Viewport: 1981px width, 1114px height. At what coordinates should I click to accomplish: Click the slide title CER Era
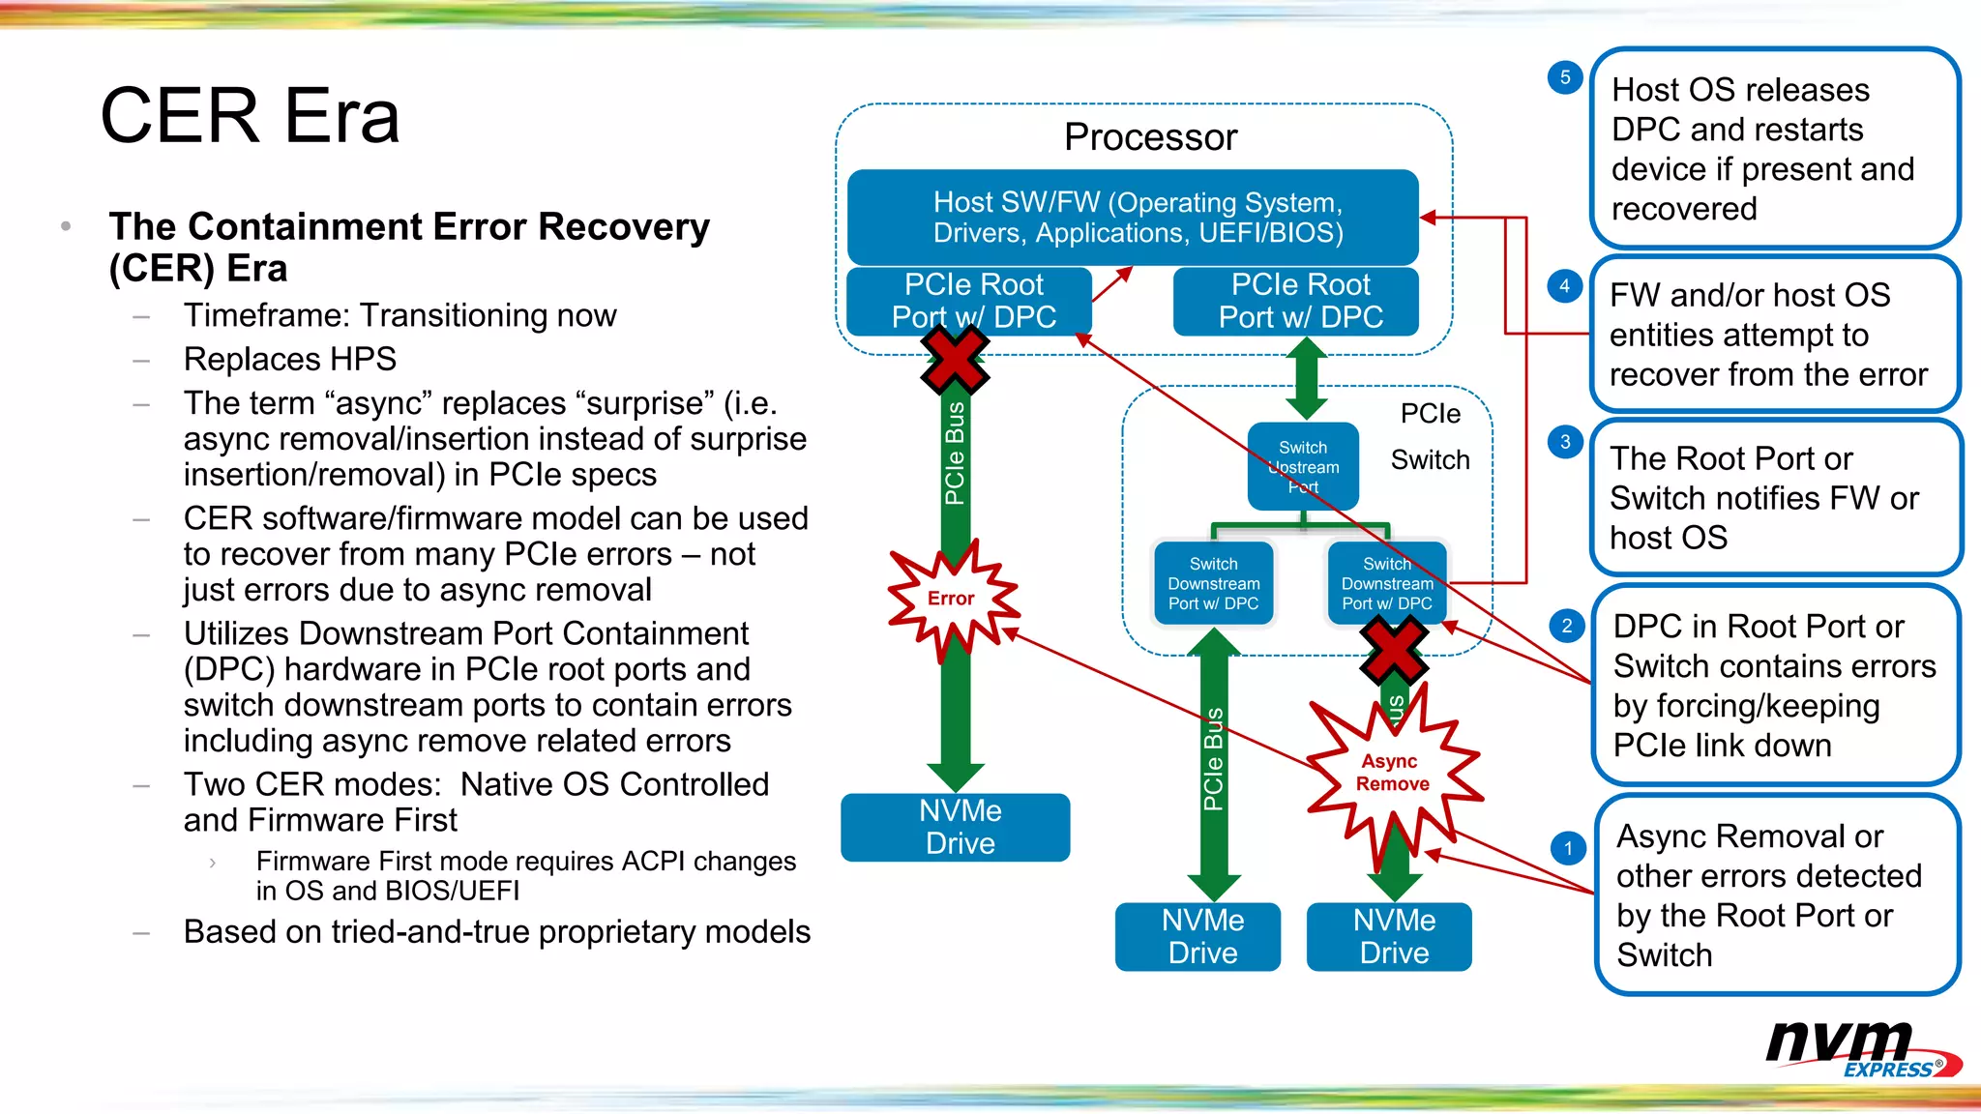(x=250, y=116)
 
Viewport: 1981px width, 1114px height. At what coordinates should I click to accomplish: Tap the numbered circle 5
(x=1564, y=77)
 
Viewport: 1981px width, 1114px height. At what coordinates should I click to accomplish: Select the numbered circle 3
(x=1564, y=443)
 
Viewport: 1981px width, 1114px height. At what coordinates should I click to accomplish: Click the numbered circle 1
(x=1567, y=849)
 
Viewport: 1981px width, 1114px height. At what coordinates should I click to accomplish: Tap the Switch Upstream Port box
(x=1303, y=466)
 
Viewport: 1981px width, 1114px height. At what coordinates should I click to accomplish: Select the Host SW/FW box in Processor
(x=1133, y=218)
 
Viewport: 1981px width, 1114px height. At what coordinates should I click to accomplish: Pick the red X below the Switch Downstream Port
(x=1393, y=650)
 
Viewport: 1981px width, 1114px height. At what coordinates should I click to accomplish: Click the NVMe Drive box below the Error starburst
(x=956, y=828)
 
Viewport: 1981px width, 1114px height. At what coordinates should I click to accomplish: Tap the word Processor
(x=1150, y=137)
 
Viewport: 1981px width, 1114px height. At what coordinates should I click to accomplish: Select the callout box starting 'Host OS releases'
(x=1775, y=149)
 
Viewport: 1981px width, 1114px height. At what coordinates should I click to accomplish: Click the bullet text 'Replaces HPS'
(x=290, y=359)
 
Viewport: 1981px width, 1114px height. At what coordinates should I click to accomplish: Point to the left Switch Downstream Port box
(x=1213, y=584)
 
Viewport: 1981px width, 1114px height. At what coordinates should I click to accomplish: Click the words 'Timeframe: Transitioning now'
(x=399, y=315)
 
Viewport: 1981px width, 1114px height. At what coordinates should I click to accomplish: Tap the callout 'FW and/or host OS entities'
(x=1775, y=335)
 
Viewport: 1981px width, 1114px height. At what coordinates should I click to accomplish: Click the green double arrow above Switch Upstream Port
(x=1305, y=379)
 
